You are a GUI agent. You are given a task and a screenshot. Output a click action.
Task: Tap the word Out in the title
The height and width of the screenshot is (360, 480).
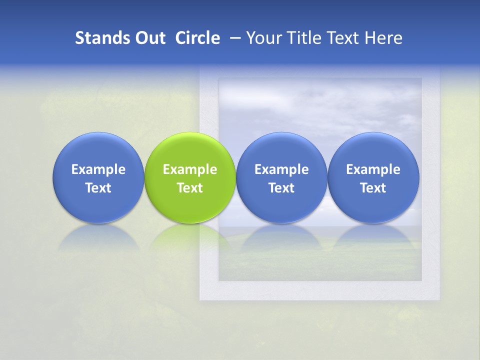(x=149, y=38)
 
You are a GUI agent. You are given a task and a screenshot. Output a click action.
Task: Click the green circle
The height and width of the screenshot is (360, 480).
(x=190, y=150)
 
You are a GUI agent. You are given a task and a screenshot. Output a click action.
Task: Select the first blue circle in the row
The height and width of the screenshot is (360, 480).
(x=98, y=150)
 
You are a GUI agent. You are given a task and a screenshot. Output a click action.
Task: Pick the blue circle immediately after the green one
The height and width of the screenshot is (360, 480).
(x=281, y=150)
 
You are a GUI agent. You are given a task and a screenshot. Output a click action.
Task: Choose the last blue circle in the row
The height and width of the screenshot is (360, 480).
(x=373, y=150)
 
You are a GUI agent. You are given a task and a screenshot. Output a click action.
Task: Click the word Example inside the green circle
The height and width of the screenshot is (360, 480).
(x=190, y=169)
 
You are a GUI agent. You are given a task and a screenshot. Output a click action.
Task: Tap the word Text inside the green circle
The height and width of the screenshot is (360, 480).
(x=190, y=188)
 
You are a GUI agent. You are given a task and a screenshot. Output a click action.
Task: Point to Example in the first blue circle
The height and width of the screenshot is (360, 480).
(x=98, y=169)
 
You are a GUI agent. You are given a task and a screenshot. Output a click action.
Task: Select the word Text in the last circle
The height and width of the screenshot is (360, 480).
(x=373, y=188)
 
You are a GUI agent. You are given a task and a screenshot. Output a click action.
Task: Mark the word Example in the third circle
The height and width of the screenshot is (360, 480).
(x=281, y=169)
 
